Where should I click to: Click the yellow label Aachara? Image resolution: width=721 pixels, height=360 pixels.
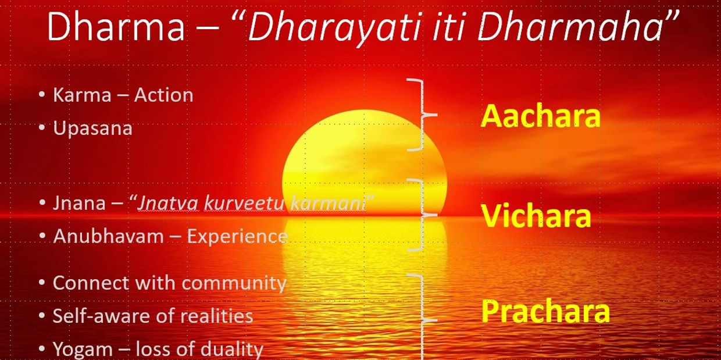point(541,116)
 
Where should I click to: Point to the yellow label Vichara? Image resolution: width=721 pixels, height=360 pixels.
point(536,216)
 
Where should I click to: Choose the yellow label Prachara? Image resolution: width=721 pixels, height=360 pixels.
point(545,311)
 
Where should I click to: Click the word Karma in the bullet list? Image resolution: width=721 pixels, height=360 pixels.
point(82,95)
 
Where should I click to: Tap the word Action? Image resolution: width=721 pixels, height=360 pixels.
point(164,95)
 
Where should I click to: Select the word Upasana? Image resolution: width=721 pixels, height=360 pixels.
point(92,129)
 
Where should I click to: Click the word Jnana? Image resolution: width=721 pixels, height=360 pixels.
point(79,204)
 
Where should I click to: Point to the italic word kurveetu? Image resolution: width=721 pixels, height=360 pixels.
point(244,204)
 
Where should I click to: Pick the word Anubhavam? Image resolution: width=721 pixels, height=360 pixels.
point(109,236)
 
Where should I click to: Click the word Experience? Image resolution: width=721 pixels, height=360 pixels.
point(237,237)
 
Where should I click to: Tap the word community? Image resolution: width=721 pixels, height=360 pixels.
point(234,284)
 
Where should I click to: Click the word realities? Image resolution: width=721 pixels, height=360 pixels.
point(216,316)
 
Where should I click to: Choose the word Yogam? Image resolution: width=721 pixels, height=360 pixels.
point(83,349)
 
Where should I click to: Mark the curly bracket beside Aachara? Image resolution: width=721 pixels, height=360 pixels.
point(422,115)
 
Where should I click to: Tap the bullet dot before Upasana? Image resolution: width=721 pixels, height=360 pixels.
point(42,127)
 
